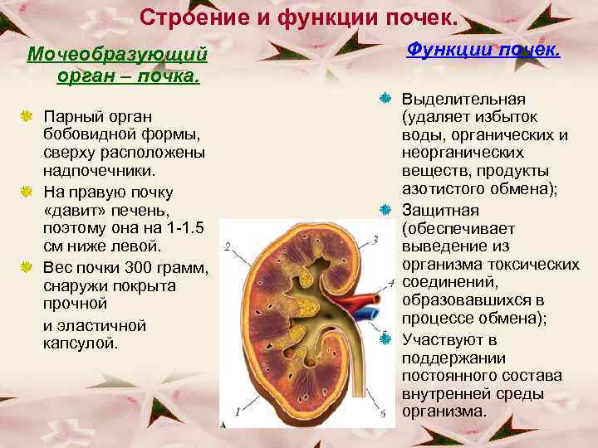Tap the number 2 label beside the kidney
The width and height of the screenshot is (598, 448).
coord(227,246)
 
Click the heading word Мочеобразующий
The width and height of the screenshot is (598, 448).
coord(116,55)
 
